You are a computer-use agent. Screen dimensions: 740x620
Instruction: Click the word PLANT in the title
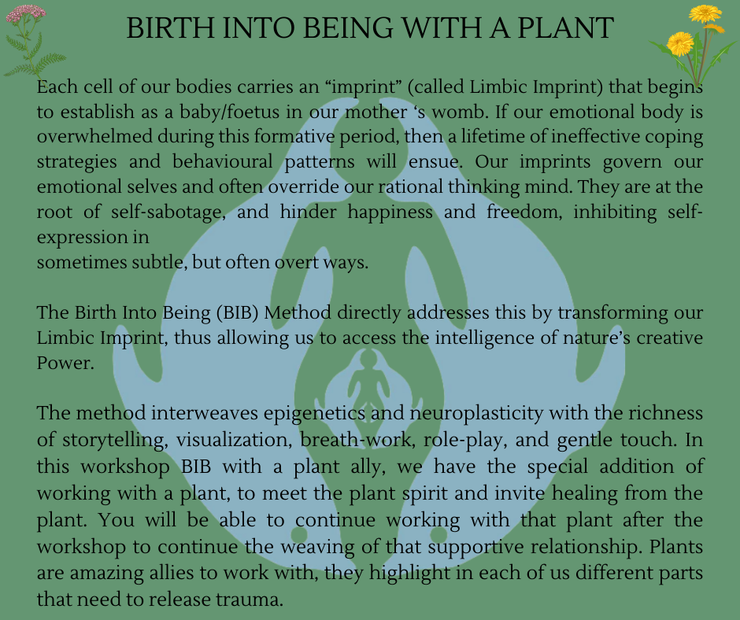coord(565,28)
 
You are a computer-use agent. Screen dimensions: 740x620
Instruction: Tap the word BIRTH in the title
coord(169,28)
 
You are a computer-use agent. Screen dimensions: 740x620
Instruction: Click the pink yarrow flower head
coord(26,13)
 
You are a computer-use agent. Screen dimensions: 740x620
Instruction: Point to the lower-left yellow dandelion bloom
coord(680,43)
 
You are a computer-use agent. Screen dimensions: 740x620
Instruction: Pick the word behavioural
coord(222,161)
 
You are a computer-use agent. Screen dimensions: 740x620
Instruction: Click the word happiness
coord(390,212)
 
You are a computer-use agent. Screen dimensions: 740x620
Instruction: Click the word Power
coord(65,363)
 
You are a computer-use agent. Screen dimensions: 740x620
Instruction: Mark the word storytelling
coord(115,440)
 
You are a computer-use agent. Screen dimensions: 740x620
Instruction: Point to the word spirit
coord(425,493)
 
